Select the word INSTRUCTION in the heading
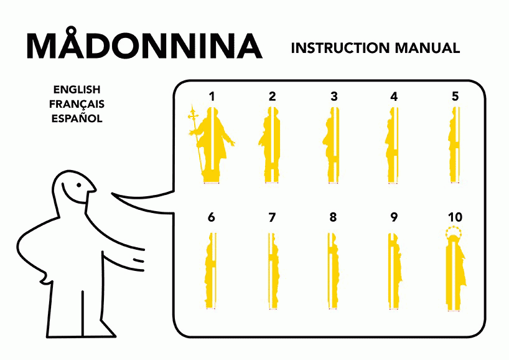click(x=340, y=48)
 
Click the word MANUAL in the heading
click(x=427, y=48)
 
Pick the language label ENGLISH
click(x=77, y=89)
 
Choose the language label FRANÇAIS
click(x=77, y=104)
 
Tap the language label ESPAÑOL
click(x=77, y=118)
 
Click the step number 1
click(x=212, y=97)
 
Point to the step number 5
click(x=455, y=97)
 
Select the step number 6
click(x=212, y=217)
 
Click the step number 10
click(x=455, y=217)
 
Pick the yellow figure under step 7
click(x=273, y=271)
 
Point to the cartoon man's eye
click(x=79, y=185)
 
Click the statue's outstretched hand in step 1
click(x=231, y=142)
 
